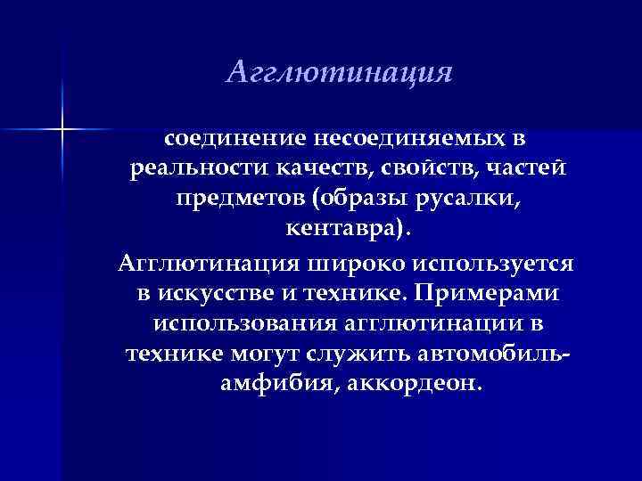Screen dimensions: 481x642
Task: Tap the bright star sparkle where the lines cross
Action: point(63,130)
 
